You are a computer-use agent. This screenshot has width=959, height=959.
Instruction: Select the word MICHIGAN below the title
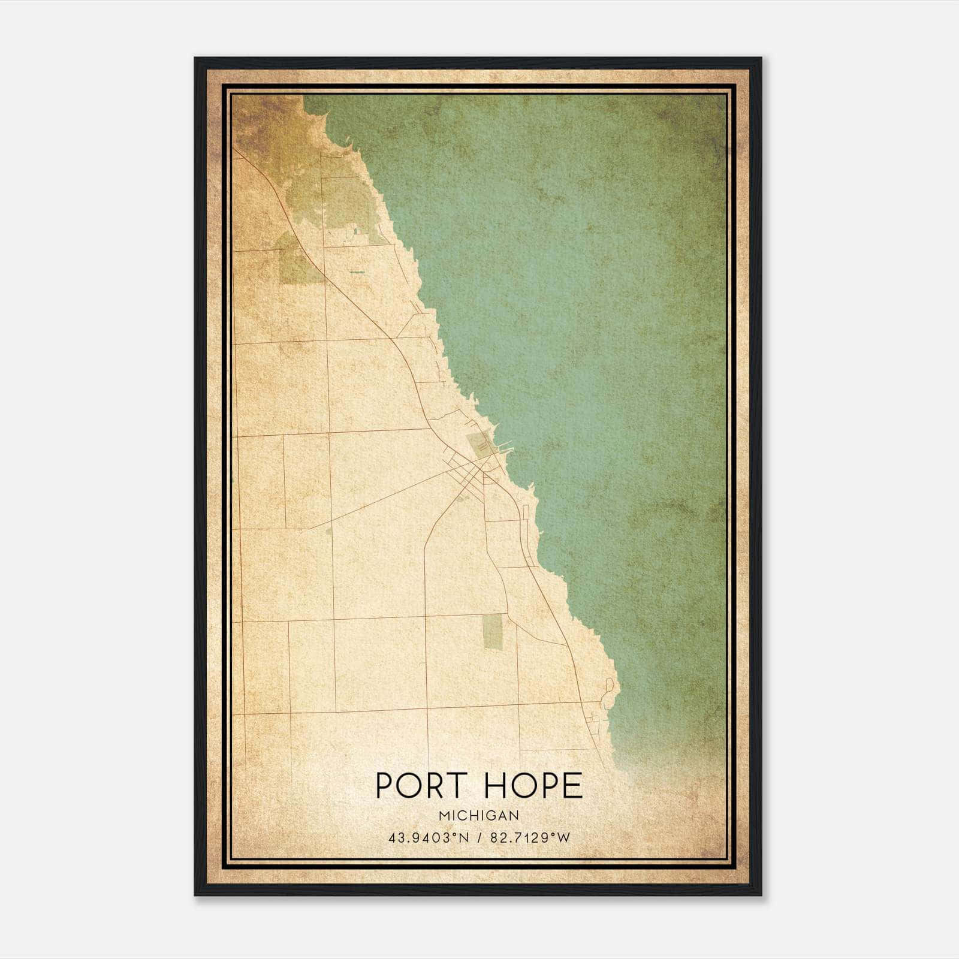[479, 815]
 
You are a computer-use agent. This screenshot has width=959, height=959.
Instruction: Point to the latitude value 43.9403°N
[427, 838]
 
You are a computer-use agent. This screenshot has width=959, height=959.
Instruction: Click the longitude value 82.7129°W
[530, 838]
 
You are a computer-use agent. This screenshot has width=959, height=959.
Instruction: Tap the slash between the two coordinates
[479, 838]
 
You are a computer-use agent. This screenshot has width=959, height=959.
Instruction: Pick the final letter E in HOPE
[574, 786]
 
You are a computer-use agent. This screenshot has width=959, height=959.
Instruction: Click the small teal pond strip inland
[358, 272]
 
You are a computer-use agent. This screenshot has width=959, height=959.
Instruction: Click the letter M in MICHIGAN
[443, 815]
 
